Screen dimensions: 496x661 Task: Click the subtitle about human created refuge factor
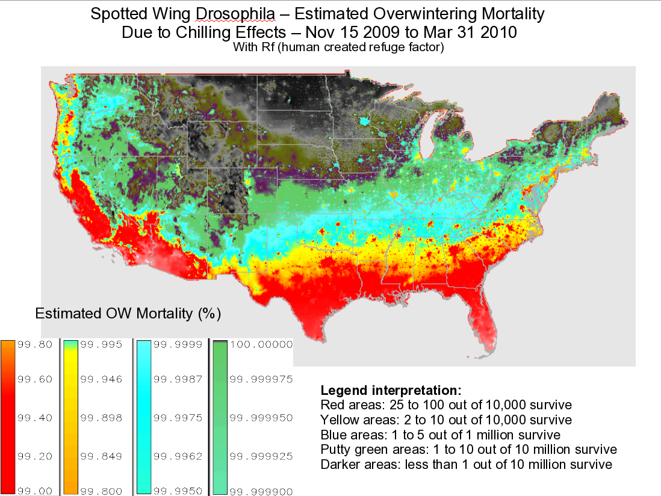click(x=338, y=48)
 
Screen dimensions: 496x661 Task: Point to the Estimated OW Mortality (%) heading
click(x=128, y=314)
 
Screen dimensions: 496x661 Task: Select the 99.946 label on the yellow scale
click(x=102, y=379)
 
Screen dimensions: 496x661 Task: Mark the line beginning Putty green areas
click(x=468, y=450)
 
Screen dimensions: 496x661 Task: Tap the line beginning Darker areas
click(x=467, y=465)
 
